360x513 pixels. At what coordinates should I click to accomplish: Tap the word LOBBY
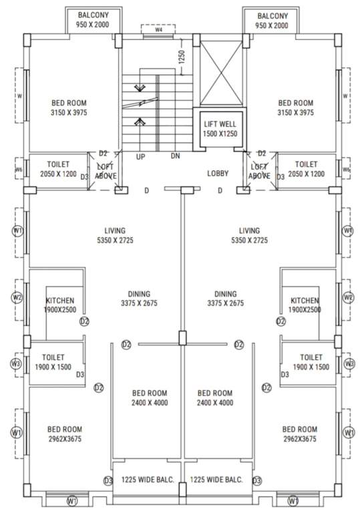point(218,174)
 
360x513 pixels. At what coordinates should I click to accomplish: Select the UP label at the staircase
point(141,156)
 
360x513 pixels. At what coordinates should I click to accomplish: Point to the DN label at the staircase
point(176,156)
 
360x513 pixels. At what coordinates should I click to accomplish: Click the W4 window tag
point(158,29)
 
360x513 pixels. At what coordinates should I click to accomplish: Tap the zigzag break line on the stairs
point(142,104)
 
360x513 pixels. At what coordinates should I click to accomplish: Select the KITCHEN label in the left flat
point(60,301)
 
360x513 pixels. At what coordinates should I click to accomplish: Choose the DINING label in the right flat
point(226,294)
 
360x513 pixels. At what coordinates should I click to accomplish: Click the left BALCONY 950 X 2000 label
point(95,20)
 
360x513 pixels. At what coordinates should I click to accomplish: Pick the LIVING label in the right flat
point(249,231)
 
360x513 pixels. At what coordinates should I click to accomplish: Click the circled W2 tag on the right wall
point(347,297)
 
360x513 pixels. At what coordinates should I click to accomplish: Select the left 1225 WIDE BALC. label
point(148,480)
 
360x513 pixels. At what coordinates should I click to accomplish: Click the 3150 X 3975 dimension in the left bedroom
point(69,113)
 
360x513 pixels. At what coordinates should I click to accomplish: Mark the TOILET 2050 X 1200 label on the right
point(306,168)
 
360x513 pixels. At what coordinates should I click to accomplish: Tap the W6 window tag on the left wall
point(18,170)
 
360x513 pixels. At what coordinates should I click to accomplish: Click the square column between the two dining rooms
point(182,338)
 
